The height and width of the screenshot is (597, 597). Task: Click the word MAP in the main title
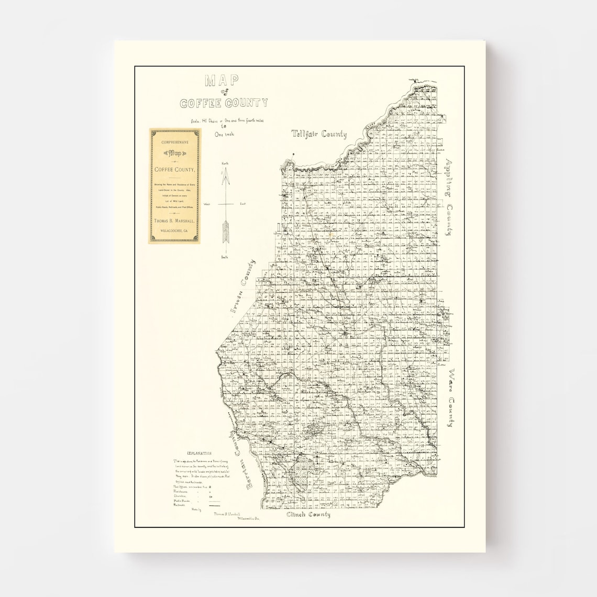click(222, 81)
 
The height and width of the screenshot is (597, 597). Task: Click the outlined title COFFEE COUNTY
click(224, 103)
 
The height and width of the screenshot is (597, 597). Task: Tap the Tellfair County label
click(319, 134)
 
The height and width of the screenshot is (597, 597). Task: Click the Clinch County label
click(308, 515)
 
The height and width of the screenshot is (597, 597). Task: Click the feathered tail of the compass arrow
click(227, 232)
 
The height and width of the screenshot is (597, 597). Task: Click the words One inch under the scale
click(225, 134)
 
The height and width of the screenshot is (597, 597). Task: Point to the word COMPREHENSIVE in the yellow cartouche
click(174, 143)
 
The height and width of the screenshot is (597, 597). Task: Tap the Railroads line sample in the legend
click(214, 506)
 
